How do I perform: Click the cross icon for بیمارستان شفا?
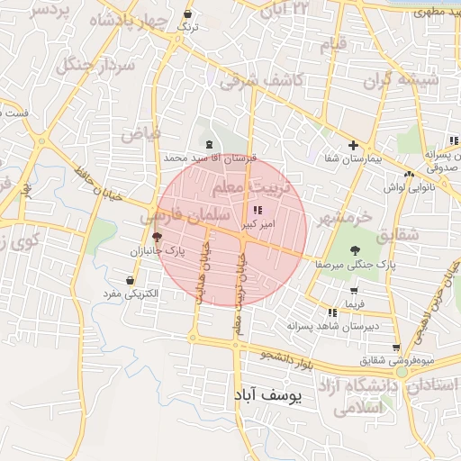click(x=353, y=145)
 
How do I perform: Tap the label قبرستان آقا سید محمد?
click(x=210, y=157)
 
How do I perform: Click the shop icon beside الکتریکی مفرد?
click(x=131, y=280)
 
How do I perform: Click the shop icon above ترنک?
click(x=186, y=14)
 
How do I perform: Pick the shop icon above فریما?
click(x=353, y=291)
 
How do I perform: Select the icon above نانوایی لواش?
click(x=410, y=174)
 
